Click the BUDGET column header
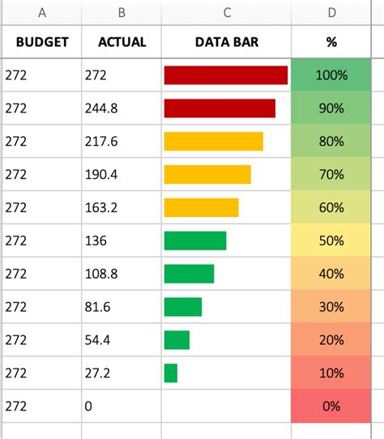click(x=41, y=41)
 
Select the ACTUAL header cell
click(x=122, y=41)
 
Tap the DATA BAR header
click(x=227, y=41)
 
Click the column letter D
click(x=331, y=12)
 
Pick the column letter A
click(x=41, y=12)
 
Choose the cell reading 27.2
click(x=99, y=373)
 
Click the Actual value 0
click(x=88, y=407)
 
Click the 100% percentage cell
click(x=331, y=75)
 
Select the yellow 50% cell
click(x=331, y=241)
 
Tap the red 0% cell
click(x=331, y=407)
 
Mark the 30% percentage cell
click(x=331, y=307)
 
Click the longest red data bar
click(x=225, y=75)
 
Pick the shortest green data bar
click(x=170, y=373)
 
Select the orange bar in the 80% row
click(x=213, y=142)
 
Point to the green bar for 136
click(x=194, y=241)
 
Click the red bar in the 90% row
click(x=220, y=109)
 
